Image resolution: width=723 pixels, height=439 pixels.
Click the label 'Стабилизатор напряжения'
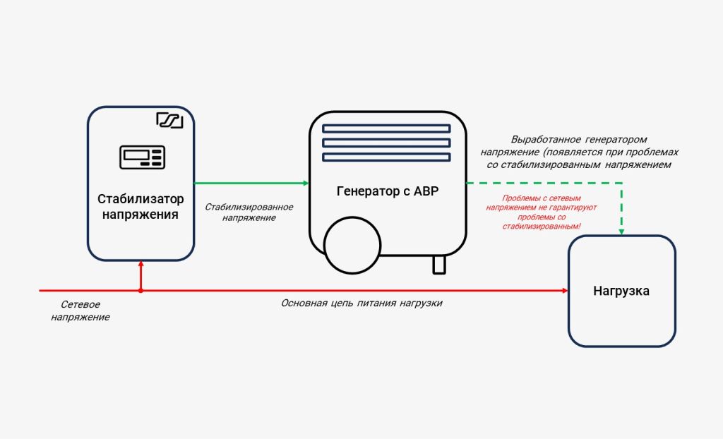[141, 207]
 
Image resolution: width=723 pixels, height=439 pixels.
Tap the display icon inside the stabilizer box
[143, 157]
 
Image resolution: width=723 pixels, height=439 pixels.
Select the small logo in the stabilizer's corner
[169, 121]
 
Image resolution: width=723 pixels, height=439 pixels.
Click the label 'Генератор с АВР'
[388, 191]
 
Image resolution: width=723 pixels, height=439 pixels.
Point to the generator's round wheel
[353, 246]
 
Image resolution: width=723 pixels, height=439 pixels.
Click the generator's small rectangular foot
[439, 265]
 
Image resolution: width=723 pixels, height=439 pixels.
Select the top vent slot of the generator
[386, 128]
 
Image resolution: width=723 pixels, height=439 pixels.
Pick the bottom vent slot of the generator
[386, 157]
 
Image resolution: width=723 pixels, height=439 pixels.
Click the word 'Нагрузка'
[621, 291]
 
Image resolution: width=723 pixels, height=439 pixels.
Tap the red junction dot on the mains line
[141, 291]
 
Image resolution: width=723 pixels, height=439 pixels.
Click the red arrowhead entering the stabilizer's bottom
[141, 263]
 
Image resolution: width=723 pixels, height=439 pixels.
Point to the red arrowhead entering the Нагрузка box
[566, 291]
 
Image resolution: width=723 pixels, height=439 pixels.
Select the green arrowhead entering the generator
[306, 183]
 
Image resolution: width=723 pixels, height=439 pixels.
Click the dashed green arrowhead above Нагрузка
[621, 232]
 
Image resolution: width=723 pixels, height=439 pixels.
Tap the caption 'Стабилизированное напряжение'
[249, 212]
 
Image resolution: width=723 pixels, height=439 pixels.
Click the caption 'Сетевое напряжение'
[80, 311]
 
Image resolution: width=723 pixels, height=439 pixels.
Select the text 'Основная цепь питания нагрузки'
[361, 303]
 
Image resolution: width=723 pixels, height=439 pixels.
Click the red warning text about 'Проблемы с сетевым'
[542, 212]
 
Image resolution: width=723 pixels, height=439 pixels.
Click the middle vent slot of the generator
[386, 143]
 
